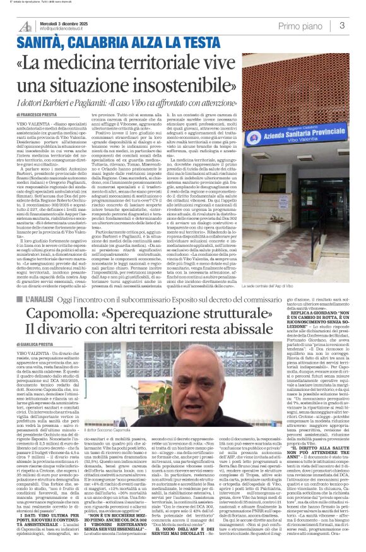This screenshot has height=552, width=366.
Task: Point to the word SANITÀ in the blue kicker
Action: click(x=42, y=44)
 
